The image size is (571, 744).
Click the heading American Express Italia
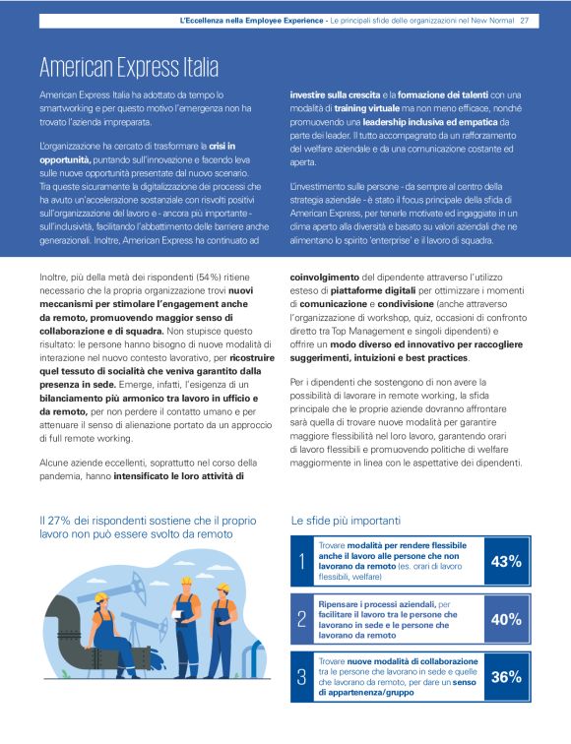(x=128, y=67)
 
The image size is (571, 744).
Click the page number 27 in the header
(x=525, y=21)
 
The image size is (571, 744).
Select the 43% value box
(x=506, y=562)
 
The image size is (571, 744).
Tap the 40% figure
(x=506, y=619)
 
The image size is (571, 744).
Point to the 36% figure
(x=506, y=677)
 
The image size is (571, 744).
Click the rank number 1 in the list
(x=302, y=562)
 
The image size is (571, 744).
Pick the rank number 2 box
(x=302, y=619)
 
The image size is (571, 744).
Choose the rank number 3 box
(x=302, y=677)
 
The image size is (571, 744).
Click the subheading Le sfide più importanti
(x=346, y=519)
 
